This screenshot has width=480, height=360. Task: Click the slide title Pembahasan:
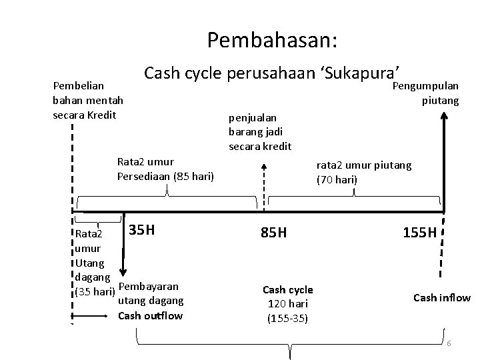[273, 41]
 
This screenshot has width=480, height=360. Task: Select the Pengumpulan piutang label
[426, 93]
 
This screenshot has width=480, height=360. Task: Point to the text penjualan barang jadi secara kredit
[260, 131]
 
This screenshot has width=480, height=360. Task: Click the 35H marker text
[141, 230]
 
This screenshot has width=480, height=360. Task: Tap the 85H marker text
[273, 233]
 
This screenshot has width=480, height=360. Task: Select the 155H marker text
[419, 233]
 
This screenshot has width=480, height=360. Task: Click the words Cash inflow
[442, 298]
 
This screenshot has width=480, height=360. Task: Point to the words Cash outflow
[150, 315]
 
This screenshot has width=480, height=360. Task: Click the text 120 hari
[287, 304]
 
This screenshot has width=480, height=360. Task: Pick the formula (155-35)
[287, 318]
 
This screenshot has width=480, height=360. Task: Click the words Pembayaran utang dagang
[150, 293]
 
